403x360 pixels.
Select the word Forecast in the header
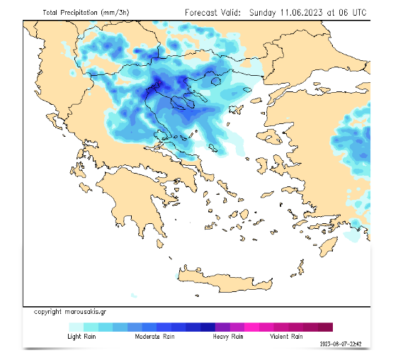tap(204, 12)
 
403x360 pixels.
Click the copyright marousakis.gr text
tap(70, 312)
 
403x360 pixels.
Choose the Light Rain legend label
tap(82, 337)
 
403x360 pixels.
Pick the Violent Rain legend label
tap(287, 337)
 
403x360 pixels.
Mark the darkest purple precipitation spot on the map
tap(157, 86)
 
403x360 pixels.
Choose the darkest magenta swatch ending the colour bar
tap(325, 327)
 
